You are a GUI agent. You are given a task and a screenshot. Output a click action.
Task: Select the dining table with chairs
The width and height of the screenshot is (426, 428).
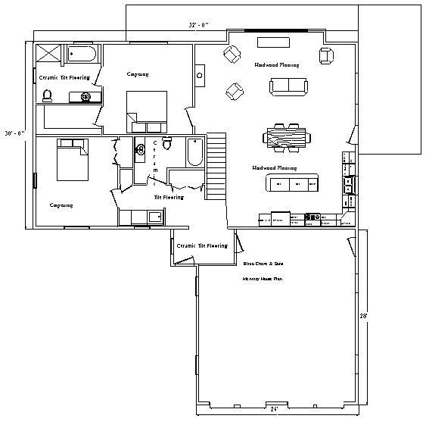pos(287,136)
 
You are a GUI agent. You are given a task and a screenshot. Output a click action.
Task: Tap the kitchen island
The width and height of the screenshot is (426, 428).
pos(292,183)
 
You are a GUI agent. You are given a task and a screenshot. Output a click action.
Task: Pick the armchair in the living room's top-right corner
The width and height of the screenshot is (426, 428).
pos(326,55)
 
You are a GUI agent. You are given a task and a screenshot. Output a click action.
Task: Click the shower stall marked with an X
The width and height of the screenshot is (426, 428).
pos(50,55)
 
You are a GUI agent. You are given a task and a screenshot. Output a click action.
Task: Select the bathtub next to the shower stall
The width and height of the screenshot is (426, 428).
pos(82,55)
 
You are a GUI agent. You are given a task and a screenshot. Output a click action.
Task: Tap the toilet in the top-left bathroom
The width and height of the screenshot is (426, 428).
pos(47,95)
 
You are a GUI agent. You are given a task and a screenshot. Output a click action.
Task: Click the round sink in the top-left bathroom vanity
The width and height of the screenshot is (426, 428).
pos(86,97)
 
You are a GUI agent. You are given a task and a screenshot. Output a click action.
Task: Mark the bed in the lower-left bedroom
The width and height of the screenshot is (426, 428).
pos(72,160)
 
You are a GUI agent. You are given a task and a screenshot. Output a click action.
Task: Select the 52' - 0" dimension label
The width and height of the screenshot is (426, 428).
pos(199,25)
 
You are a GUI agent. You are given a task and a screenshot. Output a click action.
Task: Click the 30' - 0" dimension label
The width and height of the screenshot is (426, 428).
pos(14,133)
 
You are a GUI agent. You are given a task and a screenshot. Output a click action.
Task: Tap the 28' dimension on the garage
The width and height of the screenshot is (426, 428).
pos(363,315)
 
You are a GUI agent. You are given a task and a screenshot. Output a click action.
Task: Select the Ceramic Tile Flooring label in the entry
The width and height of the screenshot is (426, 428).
pos(201,246)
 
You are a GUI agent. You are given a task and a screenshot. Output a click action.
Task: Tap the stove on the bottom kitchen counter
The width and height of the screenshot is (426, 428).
pos(313,218)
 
